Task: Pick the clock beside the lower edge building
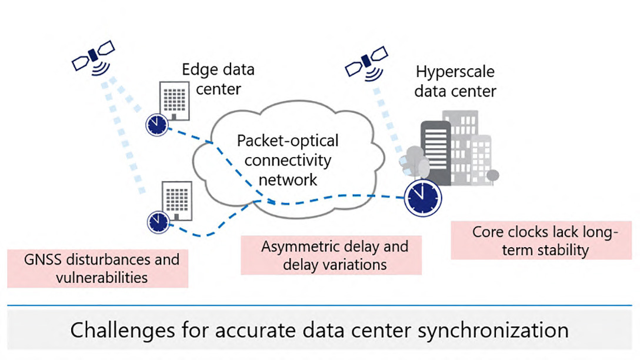tap(158, 221)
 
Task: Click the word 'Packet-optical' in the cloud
tap(287, 141)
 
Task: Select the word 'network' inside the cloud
tap(288, 179)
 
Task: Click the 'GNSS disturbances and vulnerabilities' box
tap(98, 268)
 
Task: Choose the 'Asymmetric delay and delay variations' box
tap(331, 255)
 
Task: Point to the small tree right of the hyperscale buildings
tap(494, 176)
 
